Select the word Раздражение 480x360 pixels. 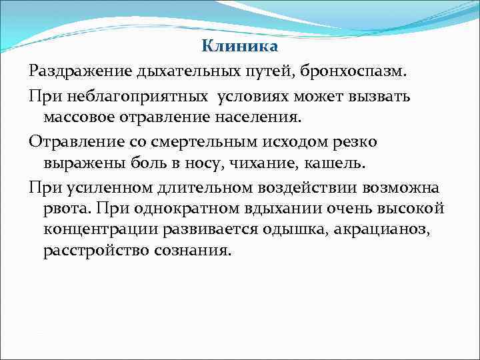tap(81, 71)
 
